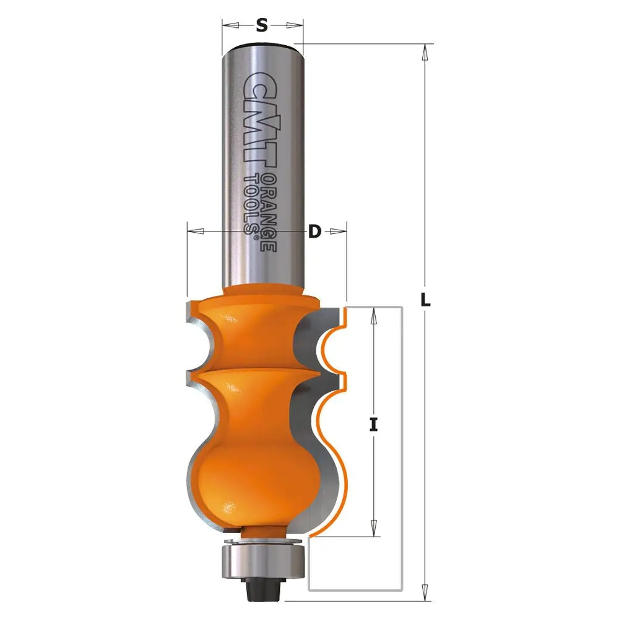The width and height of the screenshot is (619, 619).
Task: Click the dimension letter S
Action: (x=262, y=25)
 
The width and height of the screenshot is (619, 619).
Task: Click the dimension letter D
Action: (x=315, y=232)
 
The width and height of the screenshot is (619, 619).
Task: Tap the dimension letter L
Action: (x=425, y=300)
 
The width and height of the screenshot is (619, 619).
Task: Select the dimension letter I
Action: (x=373, y=425)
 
